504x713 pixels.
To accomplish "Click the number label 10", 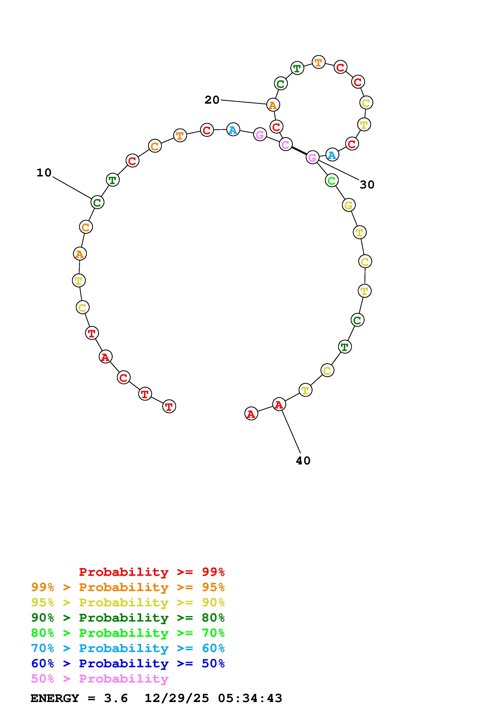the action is [x=44, y=173].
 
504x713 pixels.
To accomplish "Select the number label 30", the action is [x=367, y=185].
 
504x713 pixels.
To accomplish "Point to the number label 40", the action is [x=303, y=461].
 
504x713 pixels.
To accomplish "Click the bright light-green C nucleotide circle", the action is [x=332, y=180].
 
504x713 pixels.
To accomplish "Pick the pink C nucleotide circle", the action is [x=286, y=144].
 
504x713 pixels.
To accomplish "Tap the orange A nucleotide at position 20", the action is [x=273, y=105].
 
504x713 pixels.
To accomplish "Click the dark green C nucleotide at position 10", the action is [x=97, y=202].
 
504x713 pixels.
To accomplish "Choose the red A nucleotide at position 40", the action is [x=279, y=404].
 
